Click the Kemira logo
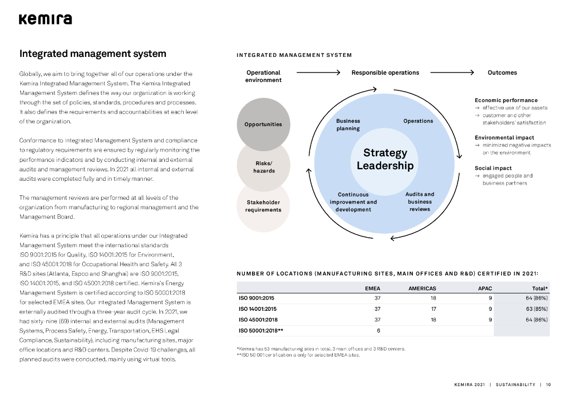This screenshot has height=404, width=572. coord(45,20)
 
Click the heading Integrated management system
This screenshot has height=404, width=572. coord(93,54)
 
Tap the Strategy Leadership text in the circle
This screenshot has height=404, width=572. coord(385,159)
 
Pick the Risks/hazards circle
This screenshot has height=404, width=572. coord(264,167)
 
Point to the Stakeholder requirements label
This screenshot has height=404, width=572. coord(263,206)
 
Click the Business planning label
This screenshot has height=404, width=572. coord(348,124)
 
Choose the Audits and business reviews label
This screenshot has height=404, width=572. coord(420,201)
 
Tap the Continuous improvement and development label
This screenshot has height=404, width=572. coord(353,202)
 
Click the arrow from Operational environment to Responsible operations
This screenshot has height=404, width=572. coord(318,73)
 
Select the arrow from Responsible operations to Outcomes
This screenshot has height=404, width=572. coord(452,73)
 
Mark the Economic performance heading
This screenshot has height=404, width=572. coord(506,100)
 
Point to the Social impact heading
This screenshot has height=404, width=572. coord(493,168)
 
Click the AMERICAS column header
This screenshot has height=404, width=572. coord(422,288)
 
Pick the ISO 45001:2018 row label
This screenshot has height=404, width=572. coord(258,320)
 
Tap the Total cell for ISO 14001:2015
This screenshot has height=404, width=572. coord(537,309)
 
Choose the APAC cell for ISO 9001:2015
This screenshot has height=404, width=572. coord(489,298)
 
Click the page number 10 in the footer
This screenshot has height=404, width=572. coord(549,384)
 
